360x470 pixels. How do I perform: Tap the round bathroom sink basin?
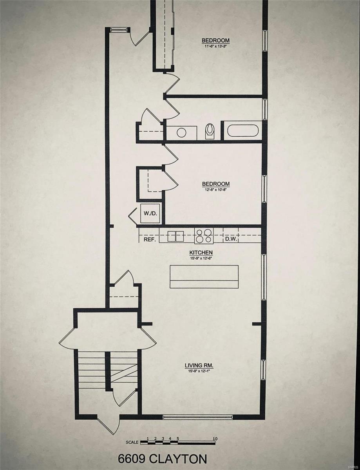pos(181,132)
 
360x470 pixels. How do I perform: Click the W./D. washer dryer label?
pos(150,213)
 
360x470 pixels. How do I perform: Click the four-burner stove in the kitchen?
pos(204,236)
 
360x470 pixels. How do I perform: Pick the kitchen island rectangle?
pos(204,277)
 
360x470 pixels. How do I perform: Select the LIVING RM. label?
pos(199,366)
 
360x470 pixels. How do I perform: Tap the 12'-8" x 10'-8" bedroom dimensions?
pos(215,189)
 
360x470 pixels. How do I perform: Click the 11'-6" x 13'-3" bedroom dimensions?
pos(215,46)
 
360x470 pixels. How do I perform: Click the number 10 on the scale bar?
pos(215,438)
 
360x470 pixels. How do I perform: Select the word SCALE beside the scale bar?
pos(132,443)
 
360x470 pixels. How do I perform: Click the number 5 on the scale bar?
pos(177,438)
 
